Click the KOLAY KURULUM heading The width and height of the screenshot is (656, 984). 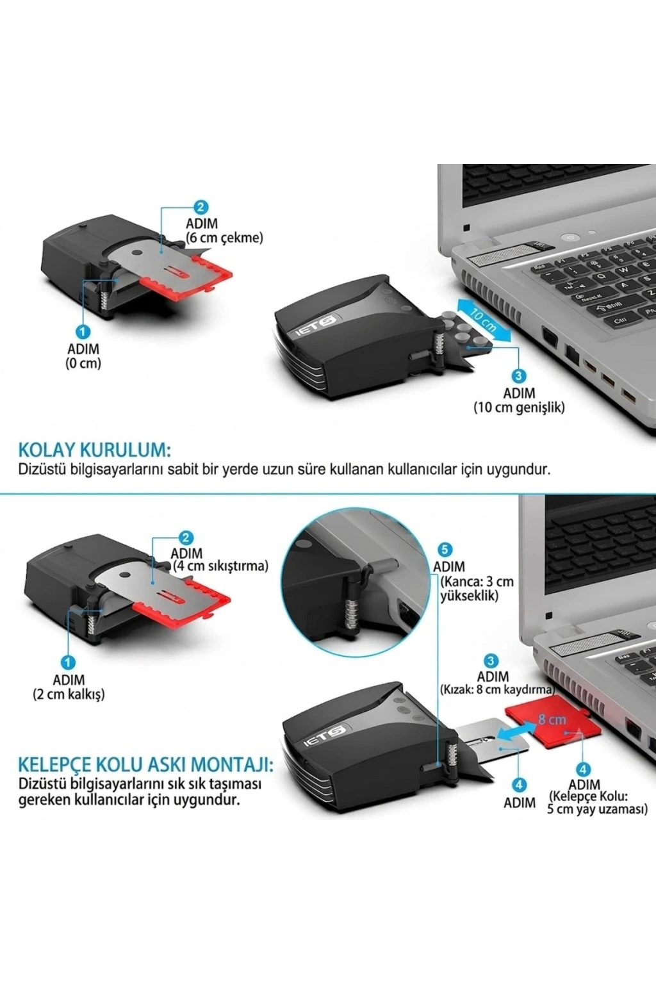pyautogui.click(x=94, y=450)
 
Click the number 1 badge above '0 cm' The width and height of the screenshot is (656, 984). pyautogui.click(x=83, y=332)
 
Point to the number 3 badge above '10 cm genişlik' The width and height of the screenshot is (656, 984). pyautogui.click(x=519, y=376)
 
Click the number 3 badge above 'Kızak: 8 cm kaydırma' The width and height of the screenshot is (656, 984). pyautogui.click(x=491, y=660)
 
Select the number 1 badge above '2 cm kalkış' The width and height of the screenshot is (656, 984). pyautogui.click(x=69, y=663)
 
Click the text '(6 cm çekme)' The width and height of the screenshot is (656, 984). pyautogui.click(x=224, y=238)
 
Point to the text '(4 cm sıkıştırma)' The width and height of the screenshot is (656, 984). pyautogui.click(x=220, y=566)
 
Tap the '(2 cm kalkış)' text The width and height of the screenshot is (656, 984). pyautogui.click(x=69, y=695)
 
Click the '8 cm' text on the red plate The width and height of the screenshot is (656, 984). pyautogui.click(x=552, y=719)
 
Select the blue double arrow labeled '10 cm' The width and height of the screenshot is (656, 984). pyautogui.click(x=485, y=320)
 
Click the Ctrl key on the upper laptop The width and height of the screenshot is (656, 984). pyautogui.click(x=619, y=321)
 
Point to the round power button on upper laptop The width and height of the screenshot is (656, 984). pyautogui.click(x=570, y=238)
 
